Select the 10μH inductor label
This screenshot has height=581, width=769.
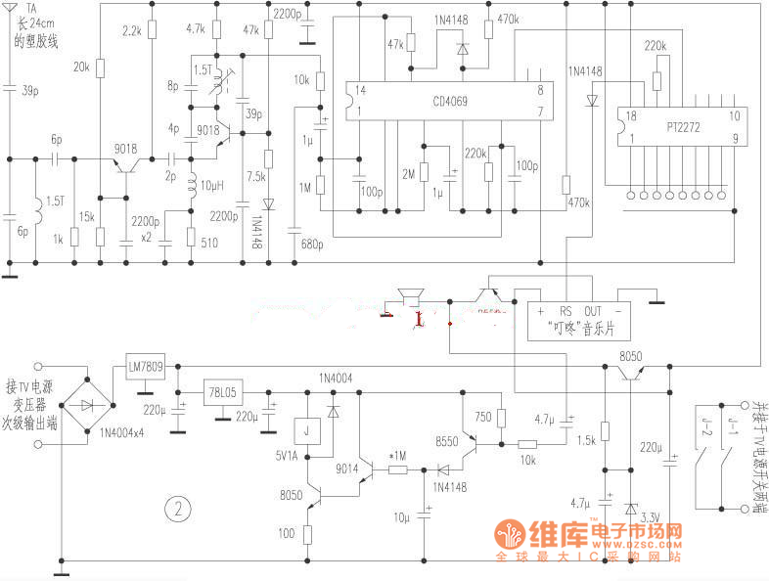pos(213,185)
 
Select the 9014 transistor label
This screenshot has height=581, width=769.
pos(348,468)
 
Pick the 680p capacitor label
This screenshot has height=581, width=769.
pos(311,244)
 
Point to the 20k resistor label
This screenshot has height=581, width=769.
pos(81,67)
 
